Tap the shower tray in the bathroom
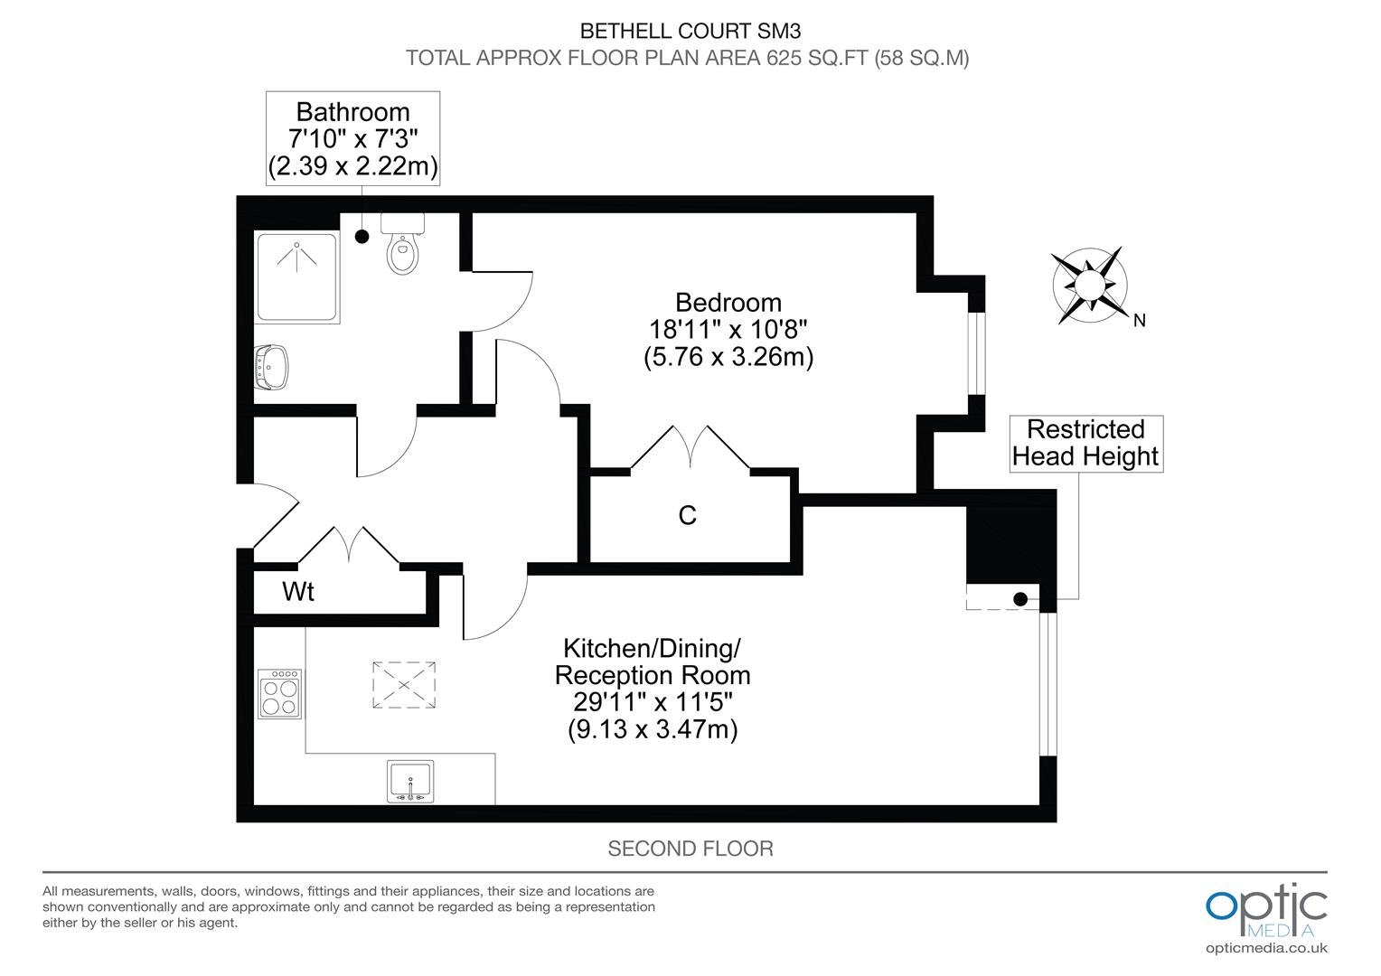297,277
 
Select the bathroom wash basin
271,367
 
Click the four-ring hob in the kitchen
280,694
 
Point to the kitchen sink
410,781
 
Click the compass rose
1089,285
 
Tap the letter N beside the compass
1140,321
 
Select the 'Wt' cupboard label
298,591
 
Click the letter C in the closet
688,515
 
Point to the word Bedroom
728,303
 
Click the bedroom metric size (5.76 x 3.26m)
728,357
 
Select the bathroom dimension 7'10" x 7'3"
353,139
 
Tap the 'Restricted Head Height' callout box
1086,444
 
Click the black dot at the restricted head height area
1020,598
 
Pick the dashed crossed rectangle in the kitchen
404,685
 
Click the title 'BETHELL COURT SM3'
690,31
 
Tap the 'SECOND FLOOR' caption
690,849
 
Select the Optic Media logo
1266,911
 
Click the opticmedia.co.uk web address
1266,948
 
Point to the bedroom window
977,353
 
